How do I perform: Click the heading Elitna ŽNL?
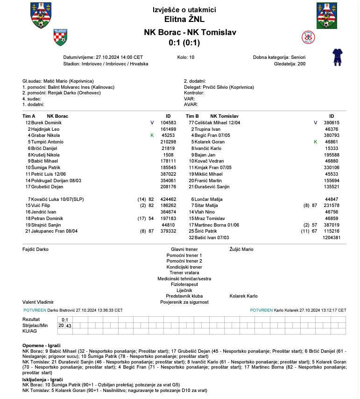[x=184, y=19]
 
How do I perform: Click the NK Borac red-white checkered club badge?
[x=61, y=36]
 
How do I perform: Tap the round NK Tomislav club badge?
[x=309, y=36]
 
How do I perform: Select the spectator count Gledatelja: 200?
[x=289, y=64]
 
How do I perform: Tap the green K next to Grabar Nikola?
[x=152, y=135]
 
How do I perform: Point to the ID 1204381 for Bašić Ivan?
[x=332, y=238]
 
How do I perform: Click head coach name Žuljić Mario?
[x=241, y=249]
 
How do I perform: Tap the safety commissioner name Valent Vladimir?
[x=38, y=302]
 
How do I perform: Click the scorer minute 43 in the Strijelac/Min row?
[x=69, y=325]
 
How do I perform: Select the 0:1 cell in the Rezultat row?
[x=65, y=319]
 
